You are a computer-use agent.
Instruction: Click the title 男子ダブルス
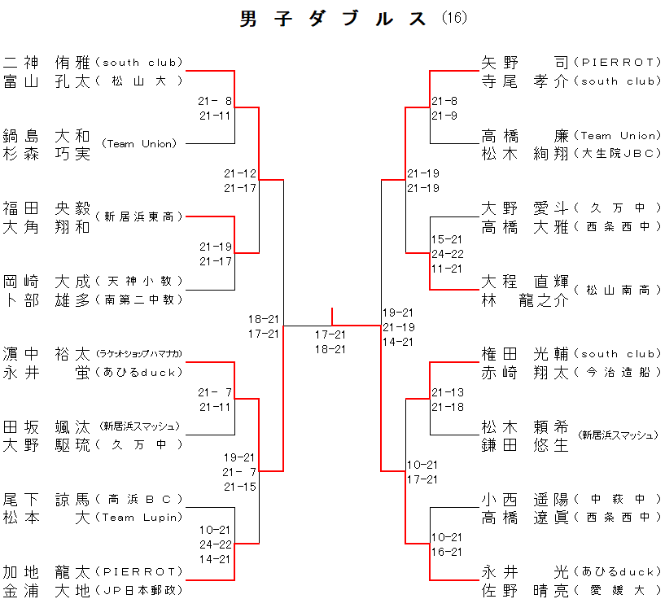click(x=334, y=19)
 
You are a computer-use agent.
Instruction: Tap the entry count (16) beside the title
click(x=454, y=18)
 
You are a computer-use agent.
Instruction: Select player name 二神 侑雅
click(x=46, y=62)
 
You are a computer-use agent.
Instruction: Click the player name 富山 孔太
click(x=46, y=81)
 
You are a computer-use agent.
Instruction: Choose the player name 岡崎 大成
click(x=46, y=281)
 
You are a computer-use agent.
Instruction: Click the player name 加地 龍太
click(x=46, y=571)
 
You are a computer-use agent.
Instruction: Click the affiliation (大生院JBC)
click(x=617, y=154)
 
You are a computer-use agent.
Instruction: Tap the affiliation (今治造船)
click(x=617, y=372)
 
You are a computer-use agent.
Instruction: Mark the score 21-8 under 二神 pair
click(x=215, y=101)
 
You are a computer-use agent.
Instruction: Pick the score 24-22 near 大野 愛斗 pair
click(x=446, y=254)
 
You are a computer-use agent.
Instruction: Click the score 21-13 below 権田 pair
click(x=448, y=392)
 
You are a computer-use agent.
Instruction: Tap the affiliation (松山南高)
click(x=617, y=290)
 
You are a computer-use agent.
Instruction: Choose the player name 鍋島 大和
click(x=46, y=135)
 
